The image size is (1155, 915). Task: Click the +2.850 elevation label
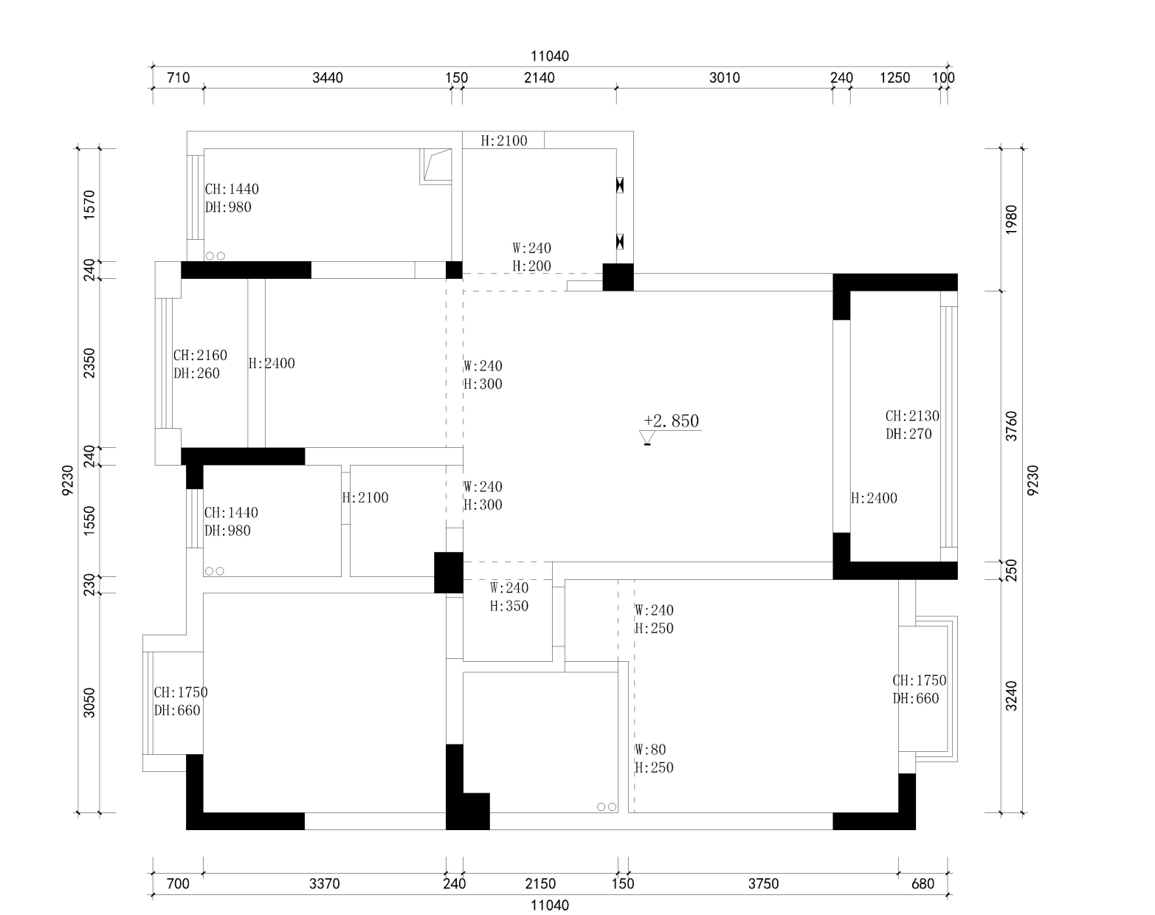[671, 421]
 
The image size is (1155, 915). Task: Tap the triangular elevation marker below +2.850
[647, 438]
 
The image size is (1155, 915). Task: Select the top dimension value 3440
[328, 77]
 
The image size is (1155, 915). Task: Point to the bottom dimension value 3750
[763, 883]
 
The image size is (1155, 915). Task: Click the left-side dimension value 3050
[89, 702]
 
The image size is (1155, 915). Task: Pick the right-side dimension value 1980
[1011, 219]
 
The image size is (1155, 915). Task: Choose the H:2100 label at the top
[504, 141]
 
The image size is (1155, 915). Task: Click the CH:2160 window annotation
[200, 355]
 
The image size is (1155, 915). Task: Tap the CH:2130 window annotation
[912, 416]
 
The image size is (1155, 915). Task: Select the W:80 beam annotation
[650, 750]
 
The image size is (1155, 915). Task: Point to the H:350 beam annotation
[508, 606]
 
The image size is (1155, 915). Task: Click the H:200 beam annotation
[532, 266]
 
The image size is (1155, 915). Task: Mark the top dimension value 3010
[725, 77]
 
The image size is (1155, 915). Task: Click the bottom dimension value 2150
[540, 883]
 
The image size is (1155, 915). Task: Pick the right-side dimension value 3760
[1011, 426]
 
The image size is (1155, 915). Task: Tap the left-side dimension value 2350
[89, 363]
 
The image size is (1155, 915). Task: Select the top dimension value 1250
[894, 77]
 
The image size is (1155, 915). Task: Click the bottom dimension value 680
[923, 883]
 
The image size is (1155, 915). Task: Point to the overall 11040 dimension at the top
[550, 56]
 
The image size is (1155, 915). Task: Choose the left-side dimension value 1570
[89, 204]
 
